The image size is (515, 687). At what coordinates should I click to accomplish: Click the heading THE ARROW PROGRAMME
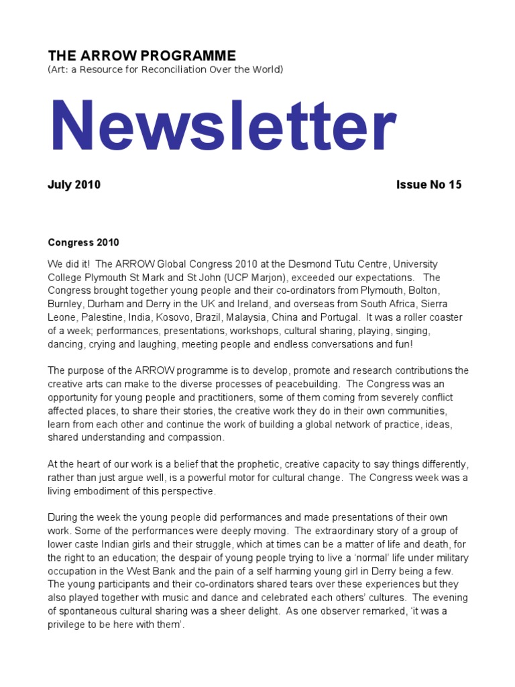141,55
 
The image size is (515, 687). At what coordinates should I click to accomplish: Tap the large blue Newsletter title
223,127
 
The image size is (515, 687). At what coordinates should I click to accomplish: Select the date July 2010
74,184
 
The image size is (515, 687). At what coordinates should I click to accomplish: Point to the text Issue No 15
429,184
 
